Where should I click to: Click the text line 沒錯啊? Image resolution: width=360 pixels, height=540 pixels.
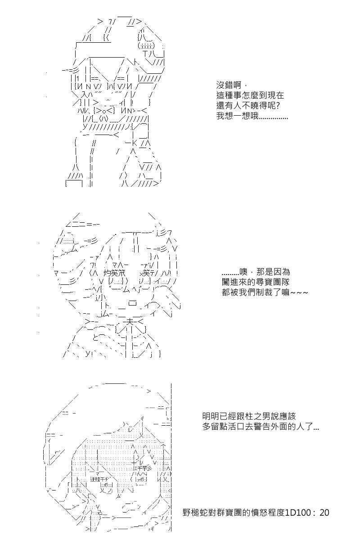(x=231, y=85)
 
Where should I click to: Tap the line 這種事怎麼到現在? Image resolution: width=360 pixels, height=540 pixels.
(x=250, y=95)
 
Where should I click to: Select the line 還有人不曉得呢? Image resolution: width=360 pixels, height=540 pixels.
(x=248, y=106)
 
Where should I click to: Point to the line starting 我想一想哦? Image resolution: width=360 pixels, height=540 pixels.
(x=252, y=116)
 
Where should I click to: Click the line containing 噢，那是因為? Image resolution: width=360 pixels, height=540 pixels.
(x=256, y=272)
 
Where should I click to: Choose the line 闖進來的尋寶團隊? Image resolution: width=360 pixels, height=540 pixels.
(x=256, y=282)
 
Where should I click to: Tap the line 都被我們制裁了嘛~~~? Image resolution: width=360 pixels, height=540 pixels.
(x=265, y=292)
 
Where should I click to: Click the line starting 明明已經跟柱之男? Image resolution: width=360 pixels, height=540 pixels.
(x=249, y=416)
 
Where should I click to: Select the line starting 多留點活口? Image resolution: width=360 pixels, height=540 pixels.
(x=261, y=427)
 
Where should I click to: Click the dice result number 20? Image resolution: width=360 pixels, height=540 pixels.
(x=324, y=513)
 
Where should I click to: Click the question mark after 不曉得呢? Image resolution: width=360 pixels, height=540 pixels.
(x=278, y=106)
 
